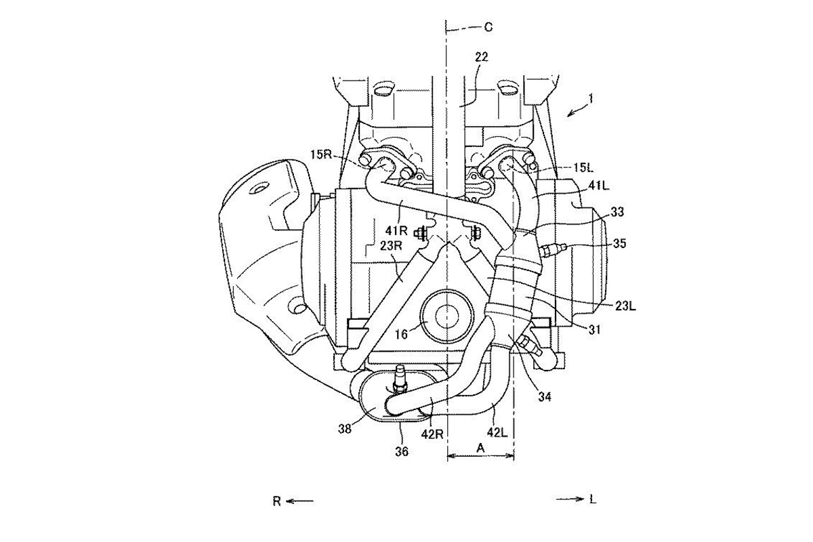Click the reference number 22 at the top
point(481,58)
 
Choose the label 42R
point(436,432)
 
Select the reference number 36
point(401,451)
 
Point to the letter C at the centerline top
point(488,26)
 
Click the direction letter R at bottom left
point(276,501)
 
